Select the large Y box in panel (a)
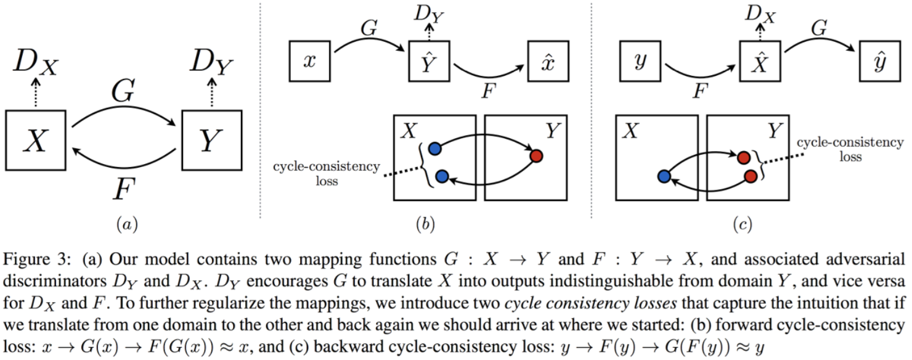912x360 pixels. point(212,142)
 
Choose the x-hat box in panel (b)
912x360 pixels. point(545,62)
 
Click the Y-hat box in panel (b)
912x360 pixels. point(430,62)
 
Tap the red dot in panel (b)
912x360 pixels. point(536,156)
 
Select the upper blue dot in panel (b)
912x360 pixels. point(435,149)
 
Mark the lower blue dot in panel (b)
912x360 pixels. point(441,177)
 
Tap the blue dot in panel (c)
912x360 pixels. point(664,177)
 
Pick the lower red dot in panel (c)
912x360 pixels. point(751,177)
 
